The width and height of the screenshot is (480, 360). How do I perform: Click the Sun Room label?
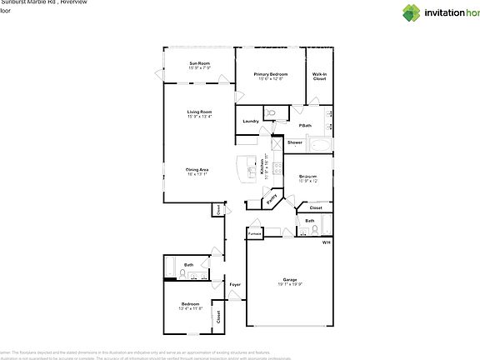(198, 63)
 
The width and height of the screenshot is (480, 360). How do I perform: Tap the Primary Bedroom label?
(271, 74)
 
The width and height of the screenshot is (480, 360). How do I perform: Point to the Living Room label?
(198, 112)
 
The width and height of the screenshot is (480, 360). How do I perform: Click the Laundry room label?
(251, 122)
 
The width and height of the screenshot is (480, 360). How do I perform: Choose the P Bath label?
(305, 125)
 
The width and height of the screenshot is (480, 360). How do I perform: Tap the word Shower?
(295, 142)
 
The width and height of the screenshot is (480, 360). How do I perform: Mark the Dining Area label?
(197, 169)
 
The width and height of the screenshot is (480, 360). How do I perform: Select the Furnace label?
(255, 234)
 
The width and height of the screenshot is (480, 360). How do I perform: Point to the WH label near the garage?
(327, 242)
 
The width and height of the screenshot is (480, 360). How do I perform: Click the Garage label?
(289, 279)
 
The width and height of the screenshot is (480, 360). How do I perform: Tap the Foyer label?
(235, 285)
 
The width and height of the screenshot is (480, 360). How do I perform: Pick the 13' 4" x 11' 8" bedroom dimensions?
(190, 308)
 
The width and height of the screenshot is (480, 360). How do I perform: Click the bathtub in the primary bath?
(319, 145)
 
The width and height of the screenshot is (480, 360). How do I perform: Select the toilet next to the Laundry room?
(270, 113)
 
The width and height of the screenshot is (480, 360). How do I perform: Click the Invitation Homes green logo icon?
(412, 12)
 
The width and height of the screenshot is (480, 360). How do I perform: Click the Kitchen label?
(262, 167)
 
